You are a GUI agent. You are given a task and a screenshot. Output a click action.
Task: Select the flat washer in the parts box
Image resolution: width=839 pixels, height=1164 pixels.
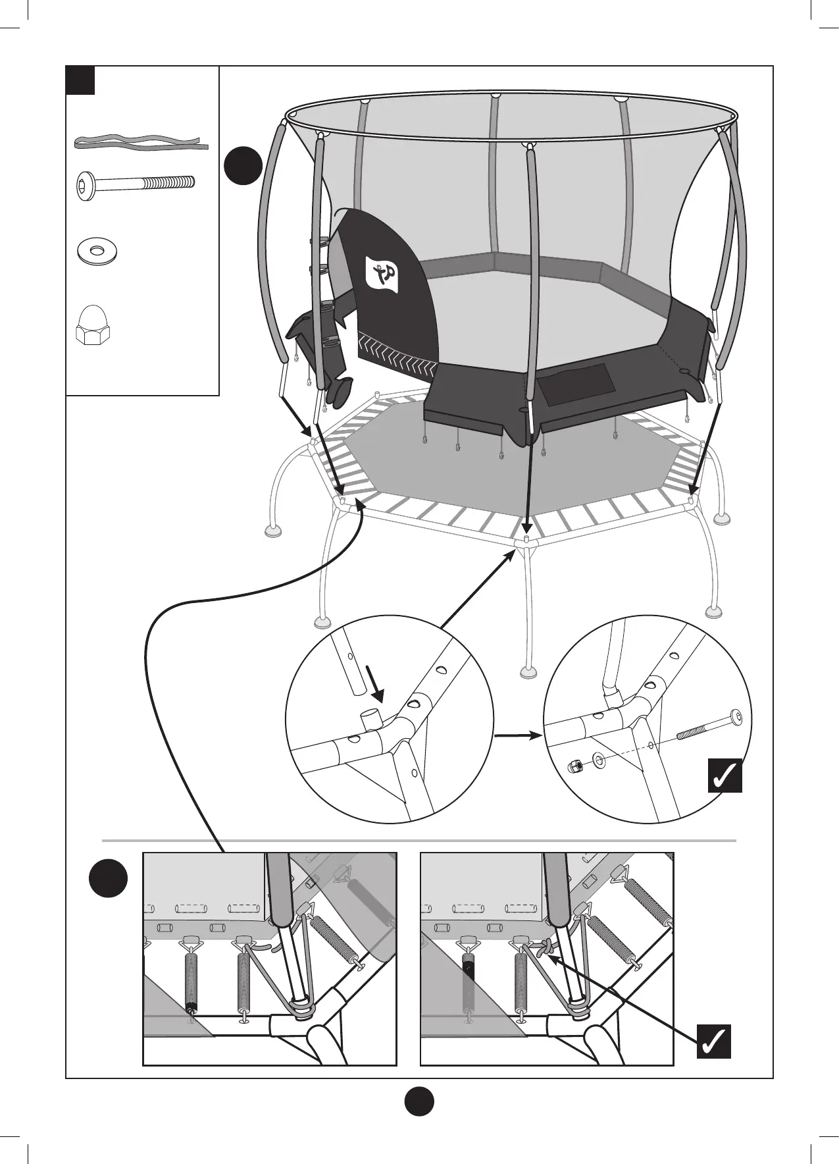pyautogui.click(x=97, y=251)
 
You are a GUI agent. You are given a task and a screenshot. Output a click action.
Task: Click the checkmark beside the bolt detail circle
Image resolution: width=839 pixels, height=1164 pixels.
pyautogui.click(x=725, y=776)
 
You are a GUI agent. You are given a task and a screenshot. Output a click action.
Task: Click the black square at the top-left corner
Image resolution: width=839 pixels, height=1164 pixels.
pyautogui.click(x=81, y=80)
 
